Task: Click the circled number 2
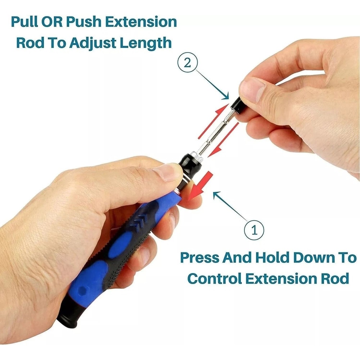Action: [187, 63]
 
